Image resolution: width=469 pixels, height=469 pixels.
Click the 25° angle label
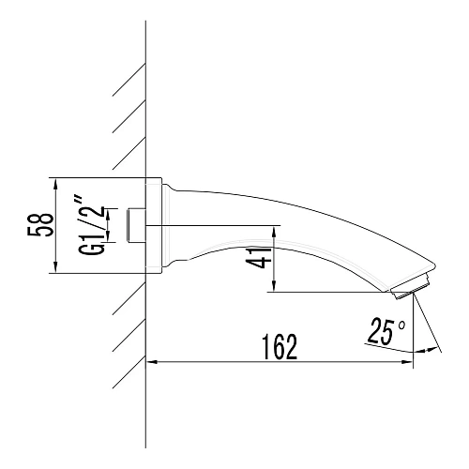click(x=386, y=329)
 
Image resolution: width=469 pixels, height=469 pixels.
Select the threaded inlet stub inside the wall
click(x=136, y=225)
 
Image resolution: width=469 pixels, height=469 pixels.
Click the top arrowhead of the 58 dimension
click(x=55, y=184)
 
